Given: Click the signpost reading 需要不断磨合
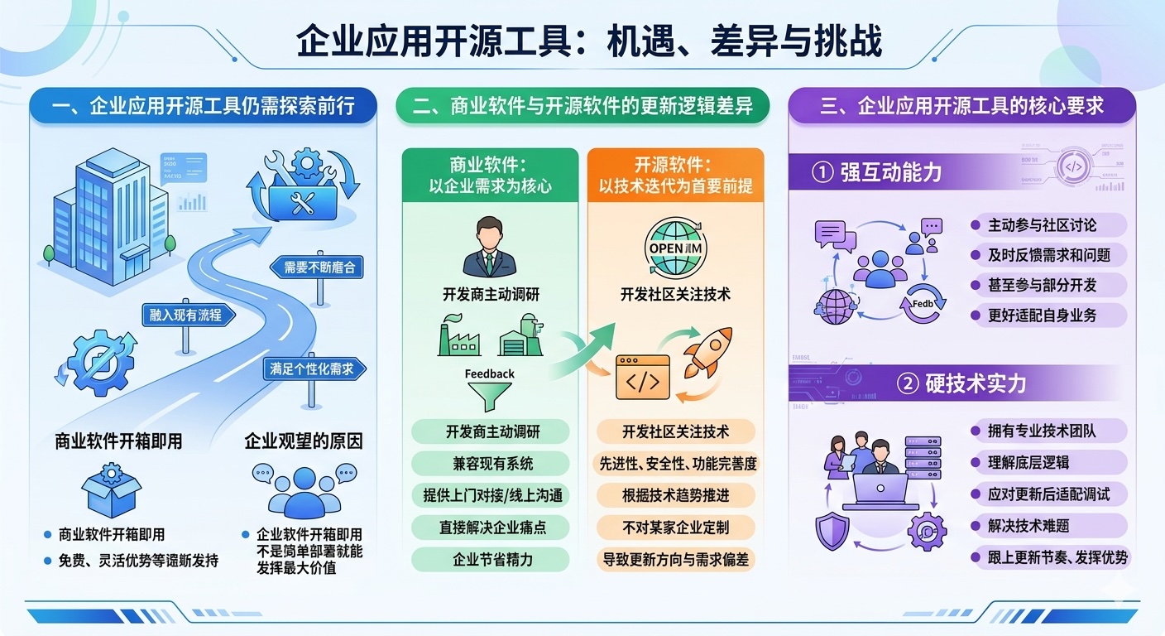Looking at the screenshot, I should [x=317, y=267].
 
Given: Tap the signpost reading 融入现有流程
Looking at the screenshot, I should [x=186, y=315].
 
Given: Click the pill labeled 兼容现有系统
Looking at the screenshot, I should [x=491, y=463].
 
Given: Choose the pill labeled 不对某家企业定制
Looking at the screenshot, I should [x=676, y=528].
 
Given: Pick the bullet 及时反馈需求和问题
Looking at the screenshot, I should [x=1048, y=255].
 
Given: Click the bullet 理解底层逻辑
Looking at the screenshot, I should [x=1028, y=463].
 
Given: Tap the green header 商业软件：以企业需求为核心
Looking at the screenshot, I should [x=490, y=175].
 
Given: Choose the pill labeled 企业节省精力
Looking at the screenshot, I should [x=491, y=560].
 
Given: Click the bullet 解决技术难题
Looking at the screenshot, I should [x=1028, y=526].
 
